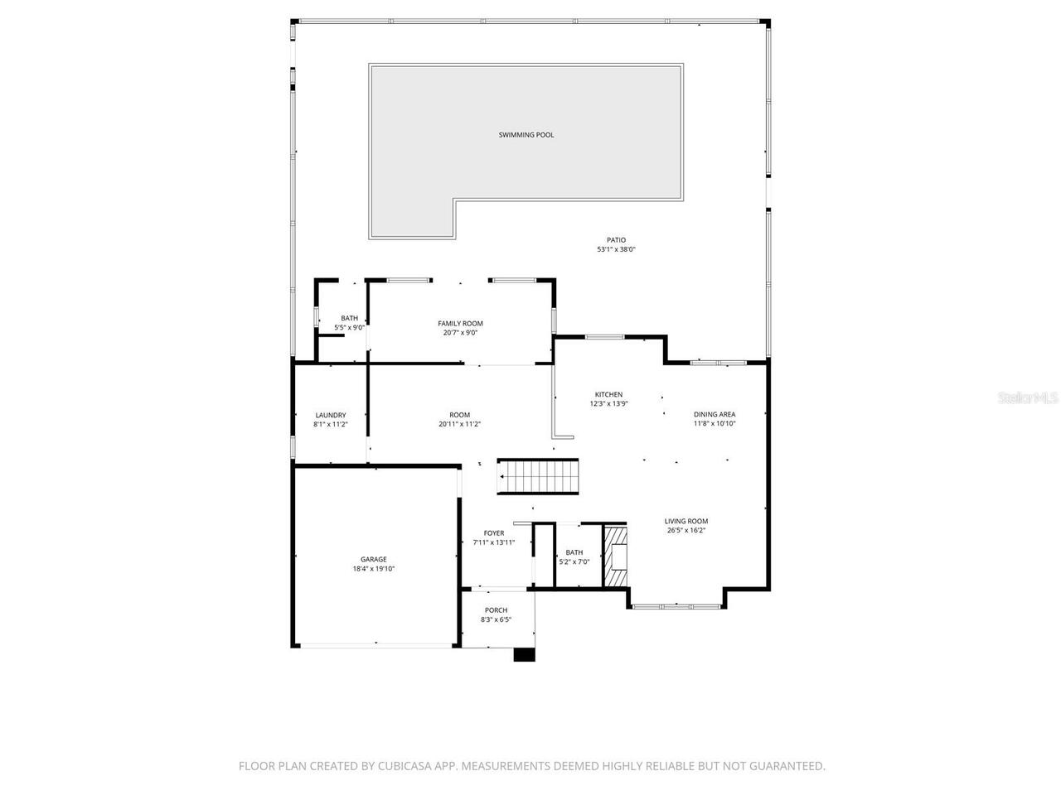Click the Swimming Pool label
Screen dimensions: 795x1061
(526, 135)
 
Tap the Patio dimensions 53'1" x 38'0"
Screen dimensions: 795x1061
(616, 249)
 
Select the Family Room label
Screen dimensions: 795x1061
(460, 324)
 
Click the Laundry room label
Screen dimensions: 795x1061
(331, 416)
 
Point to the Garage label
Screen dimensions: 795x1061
(373, 560)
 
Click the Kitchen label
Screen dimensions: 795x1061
(608, 395)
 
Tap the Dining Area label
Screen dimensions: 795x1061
(715, 415)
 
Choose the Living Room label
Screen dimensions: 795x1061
(686, 522)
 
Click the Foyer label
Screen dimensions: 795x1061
(494, 533)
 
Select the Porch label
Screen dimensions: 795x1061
(497, 610)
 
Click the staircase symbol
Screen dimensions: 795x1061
(537, 477)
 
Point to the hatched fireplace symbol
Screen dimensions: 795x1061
(615, 556)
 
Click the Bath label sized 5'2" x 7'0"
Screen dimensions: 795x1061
(574, 552)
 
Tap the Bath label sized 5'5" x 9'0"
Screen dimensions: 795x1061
(350, 319)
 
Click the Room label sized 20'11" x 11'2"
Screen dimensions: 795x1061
(460, 415)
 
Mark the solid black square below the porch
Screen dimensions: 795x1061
(525, 654)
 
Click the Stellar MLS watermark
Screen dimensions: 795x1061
(1028, 398)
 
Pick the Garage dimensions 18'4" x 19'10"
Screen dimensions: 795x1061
(373, 569)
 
